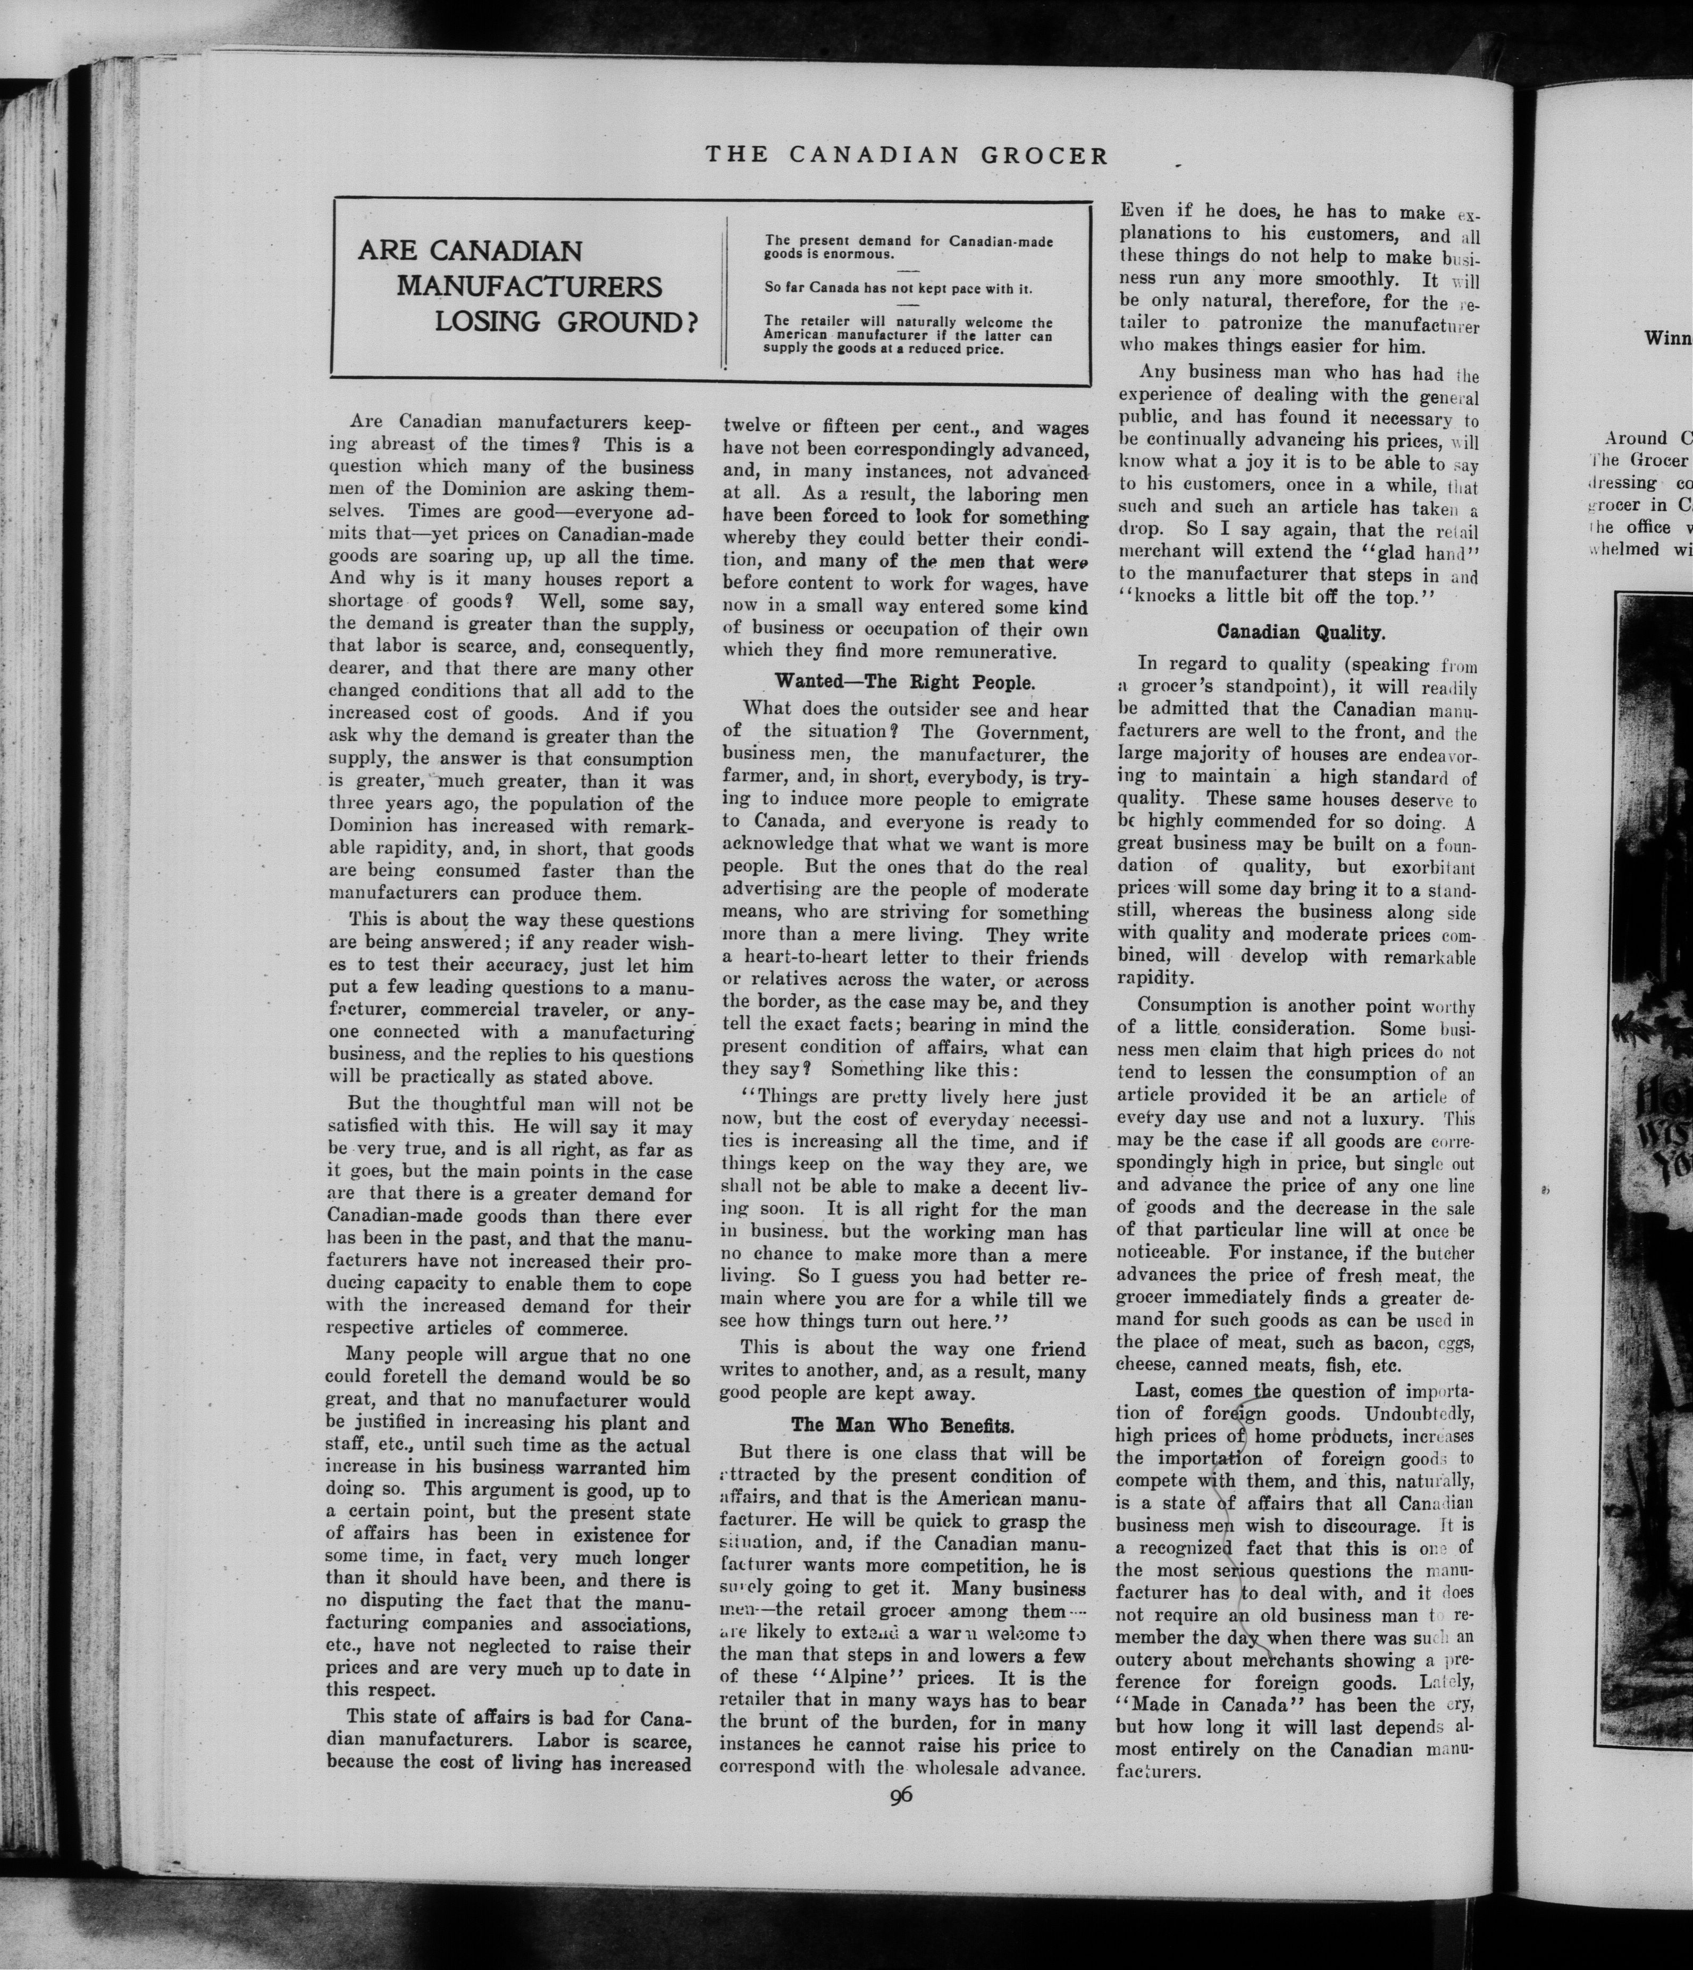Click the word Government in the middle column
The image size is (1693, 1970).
[1032, 731]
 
